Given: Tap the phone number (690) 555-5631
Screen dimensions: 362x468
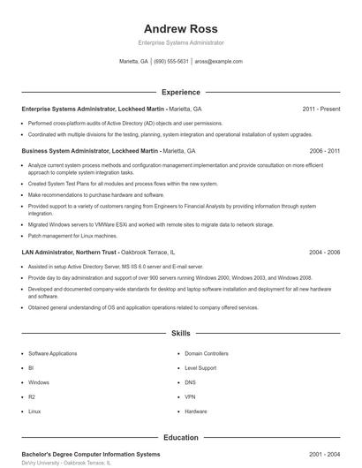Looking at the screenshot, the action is pyautogui.click(x=170, y=62).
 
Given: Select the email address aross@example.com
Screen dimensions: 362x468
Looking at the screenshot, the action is pyautogui.click(x=218, y=62).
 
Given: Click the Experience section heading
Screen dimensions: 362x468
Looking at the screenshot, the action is pyautogui.click(x=181, y=92).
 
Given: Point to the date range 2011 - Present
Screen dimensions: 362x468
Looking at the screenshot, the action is pyautogui.click(x=321, y=109).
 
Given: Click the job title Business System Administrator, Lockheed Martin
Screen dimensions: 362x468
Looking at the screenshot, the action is pyautogui.click(x=91, y=151).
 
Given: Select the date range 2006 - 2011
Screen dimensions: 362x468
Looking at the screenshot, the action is pyautogui.click(x=324, y=151).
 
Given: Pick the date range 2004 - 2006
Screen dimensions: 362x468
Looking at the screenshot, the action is pyautogui.click(x=324, y=252).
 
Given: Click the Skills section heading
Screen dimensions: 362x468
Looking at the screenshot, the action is pyautogui.click(x=181, y=334).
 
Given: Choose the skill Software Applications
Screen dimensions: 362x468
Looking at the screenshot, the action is pyautogui.click(x=52, y=353).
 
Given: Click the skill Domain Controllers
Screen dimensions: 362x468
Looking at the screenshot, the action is pyautogui.click(x=206, y=353).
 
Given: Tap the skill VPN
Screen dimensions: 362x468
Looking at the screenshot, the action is pyautogui.click(x=191, y=396).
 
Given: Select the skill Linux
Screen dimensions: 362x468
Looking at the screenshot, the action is pyautogui.click(x=34, y=411).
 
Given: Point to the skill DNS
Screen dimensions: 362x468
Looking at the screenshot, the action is pyautogui.click(x=191, y=382).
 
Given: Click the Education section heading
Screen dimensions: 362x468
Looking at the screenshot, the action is pyautogui.click(x=181, y=436).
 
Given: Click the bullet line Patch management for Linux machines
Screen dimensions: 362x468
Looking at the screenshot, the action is pyautogui.click(x=72, y=236).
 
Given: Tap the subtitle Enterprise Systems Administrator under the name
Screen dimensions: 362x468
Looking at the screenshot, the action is pyautogui.click(x=181, y=42).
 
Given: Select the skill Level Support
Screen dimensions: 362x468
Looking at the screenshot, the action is pyautogui.click(x=200, y=367).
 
